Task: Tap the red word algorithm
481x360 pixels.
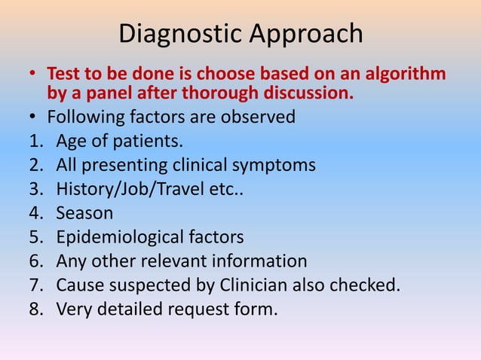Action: point(404,75)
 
